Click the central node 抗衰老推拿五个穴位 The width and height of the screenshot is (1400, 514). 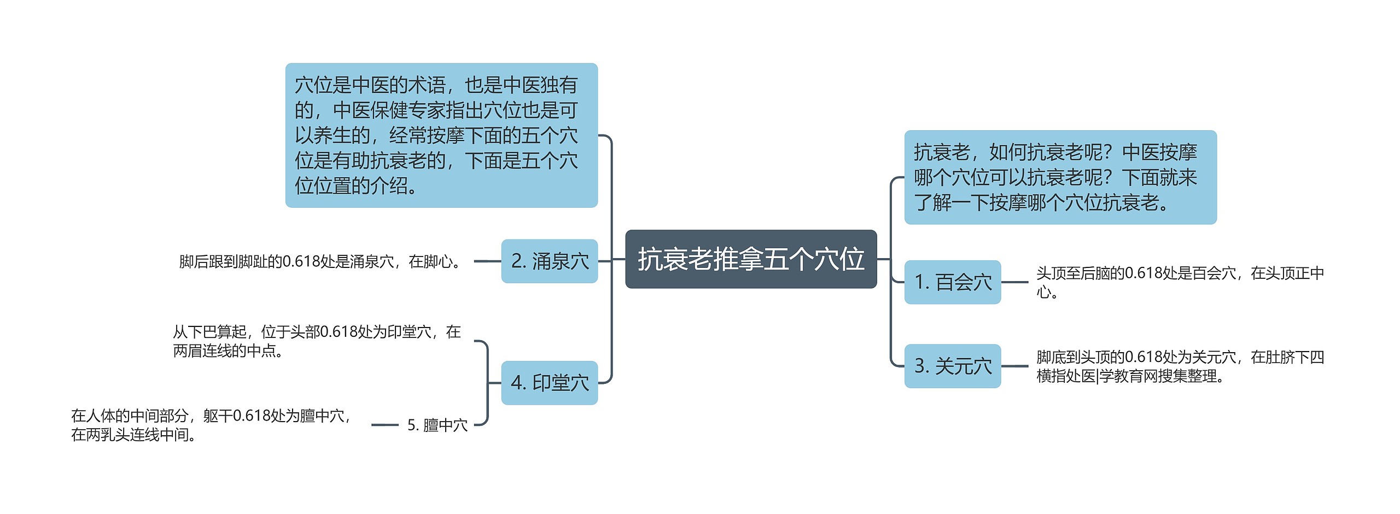click(750, 259)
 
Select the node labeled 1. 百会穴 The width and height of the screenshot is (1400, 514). click(952, 282)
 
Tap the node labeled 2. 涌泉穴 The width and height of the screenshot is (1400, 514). click(549, 261)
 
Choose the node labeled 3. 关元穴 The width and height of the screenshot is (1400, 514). click(952, 366)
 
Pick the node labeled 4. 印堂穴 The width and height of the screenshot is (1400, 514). click(549, 383)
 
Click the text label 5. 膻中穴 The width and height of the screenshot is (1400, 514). click(437, 425)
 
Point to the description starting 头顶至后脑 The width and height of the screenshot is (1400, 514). click(1180, 282)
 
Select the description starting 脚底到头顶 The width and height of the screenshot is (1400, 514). click(1180, 366)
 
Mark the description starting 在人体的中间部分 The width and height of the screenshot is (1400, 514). click(211, 425)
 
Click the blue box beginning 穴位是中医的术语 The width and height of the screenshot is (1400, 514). click(441, 135)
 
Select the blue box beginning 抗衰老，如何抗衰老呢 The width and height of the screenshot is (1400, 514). click(1060, 177)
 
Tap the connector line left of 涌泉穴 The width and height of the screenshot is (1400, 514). click(487, 261)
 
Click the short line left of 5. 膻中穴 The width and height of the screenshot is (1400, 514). click(384, 425)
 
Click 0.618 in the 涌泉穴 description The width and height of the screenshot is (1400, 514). click(301, 261)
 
